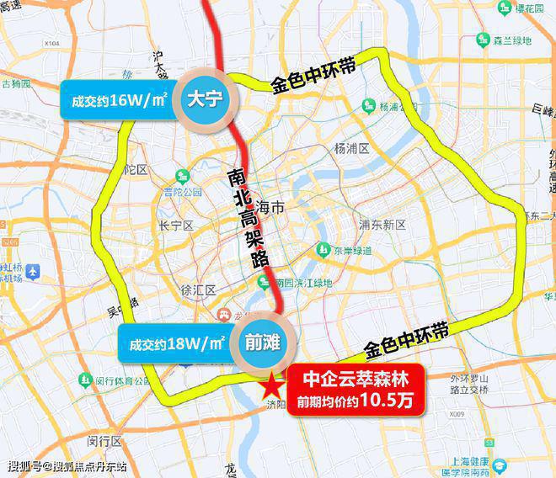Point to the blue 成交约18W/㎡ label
coord(175,345)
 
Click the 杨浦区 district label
coord(351,149)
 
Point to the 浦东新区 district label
coord(382,225)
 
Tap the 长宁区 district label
coord(176,226)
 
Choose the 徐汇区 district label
coord(199,290)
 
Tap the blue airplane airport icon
coord(33,272)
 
